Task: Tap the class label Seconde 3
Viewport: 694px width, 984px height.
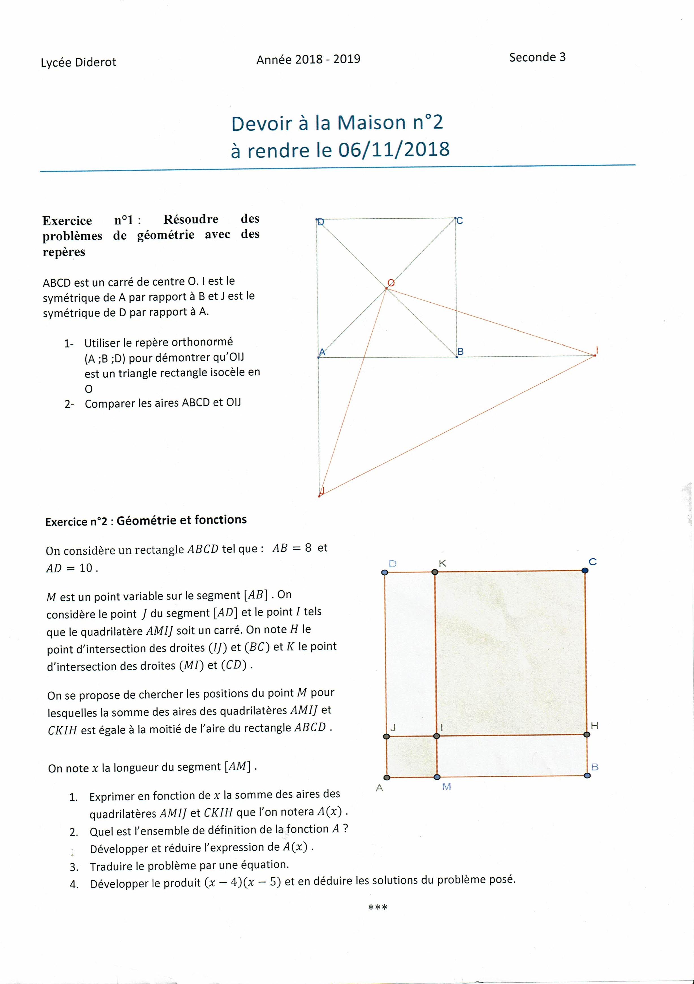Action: (x=537, y=57)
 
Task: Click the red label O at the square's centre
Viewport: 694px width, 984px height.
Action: (x=391, y=283)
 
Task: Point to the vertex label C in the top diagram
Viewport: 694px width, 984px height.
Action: (x=459, y=221)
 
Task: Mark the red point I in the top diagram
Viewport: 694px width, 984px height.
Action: (x=595, y=355)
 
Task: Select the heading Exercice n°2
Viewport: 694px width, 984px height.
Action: (x=76, y=522)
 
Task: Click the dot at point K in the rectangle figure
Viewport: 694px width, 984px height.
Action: (x=435, y=572)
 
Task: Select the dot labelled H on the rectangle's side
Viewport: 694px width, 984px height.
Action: (x=587, y=735)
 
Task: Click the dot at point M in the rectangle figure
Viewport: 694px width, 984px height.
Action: (x=437, y=777)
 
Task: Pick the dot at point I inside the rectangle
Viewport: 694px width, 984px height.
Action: (x=436, y=736)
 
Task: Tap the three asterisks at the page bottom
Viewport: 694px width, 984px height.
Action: (x=378, y=907)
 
